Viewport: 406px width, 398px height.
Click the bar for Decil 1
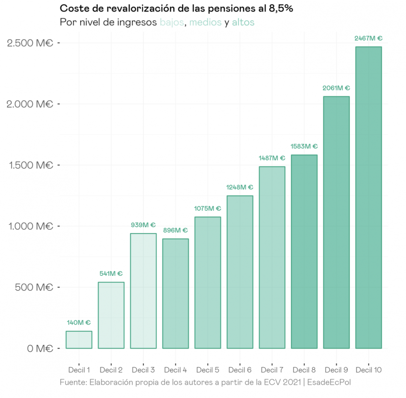pos(79,340)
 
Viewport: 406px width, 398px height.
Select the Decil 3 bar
pos(143,291)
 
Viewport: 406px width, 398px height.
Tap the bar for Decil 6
pos(240,272)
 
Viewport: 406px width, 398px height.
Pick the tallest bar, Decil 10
pos(369,198)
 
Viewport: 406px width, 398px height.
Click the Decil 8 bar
pos(304,251)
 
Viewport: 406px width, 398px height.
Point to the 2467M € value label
pos(368,38)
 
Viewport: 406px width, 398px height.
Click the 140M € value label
pos(79,322)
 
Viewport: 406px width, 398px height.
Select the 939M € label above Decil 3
pos(143,225)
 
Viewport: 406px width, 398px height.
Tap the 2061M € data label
pos(336,88)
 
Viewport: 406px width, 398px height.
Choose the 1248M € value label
pos(240,187)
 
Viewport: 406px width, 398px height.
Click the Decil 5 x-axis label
pos(208,370)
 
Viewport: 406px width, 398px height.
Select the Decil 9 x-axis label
pos(336,370)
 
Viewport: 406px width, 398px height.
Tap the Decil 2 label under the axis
pos(111,370)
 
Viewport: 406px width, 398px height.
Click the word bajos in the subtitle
pos(172,23)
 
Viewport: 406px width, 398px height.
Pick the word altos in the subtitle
pos(243,23)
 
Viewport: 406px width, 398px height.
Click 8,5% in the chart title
pos(280,9)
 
